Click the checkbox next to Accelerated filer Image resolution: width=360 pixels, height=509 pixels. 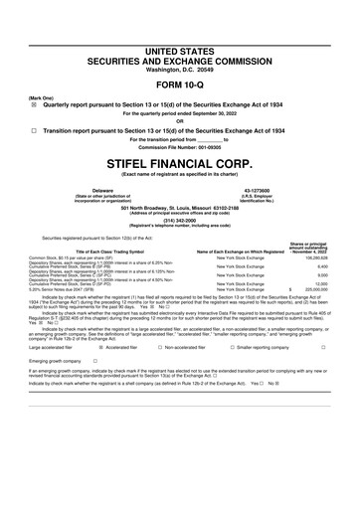click(97, 349)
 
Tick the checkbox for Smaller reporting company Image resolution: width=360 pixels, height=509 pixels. click(230, 349)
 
